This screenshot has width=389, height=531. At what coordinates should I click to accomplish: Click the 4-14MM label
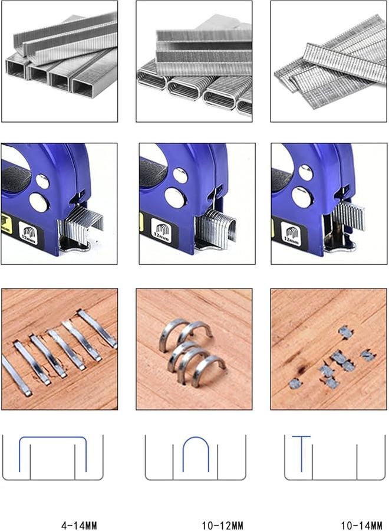[79, 525]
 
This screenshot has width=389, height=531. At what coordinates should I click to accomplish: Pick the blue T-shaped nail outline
[301, 451]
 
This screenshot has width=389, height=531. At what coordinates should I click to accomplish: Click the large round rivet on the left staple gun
[39, 202]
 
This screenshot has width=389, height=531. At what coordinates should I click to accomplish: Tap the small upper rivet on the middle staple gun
[181, 175]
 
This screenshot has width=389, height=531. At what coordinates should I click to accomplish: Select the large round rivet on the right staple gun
[302, 197]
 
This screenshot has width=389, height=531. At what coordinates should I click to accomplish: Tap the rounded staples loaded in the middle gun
[217, 227]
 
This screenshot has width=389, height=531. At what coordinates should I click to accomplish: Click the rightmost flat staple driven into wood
[97, 328]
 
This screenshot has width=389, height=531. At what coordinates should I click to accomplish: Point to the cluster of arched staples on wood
[191, 353]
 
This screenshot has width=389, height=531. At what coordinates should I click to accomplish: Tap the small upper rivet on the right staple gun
[305, 172]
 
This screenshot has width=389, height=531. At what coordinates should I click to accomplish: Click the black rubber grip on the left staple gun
[14, 178]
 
